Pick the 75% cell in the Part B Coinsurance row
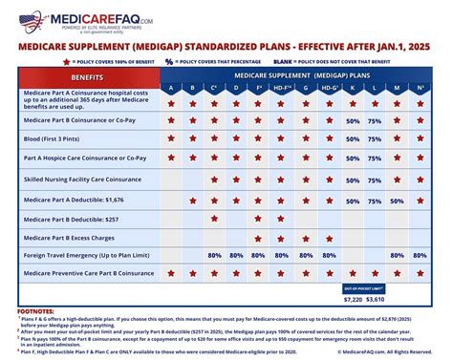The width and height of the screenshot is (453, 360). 375,121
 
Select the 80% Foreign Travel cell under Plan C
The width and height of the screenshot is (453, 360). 215,256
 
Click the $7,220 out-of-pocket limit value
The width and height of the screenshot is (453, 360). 353,299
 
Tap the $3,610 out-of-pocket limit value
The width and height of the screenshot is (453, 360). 376,299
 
